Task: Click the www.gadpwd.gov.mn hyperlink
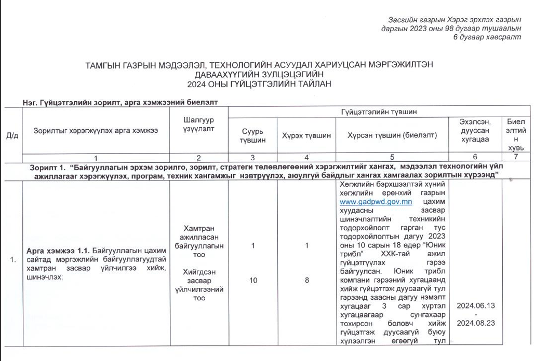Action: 369,202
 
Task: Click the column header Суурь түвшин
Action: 253,135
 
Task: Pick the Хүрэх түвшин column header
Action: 306,135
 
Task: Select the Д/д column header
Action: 12,136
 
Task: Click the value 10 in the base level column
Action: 253,280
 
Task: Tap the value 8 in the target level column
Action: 307,280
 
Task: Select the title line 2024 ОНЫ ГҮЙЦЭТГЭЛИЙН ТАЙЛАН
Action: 260,83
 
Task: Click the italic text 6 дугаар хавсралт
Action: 487,37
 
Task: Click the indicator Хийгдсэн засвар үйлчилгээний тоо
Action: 199,285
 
